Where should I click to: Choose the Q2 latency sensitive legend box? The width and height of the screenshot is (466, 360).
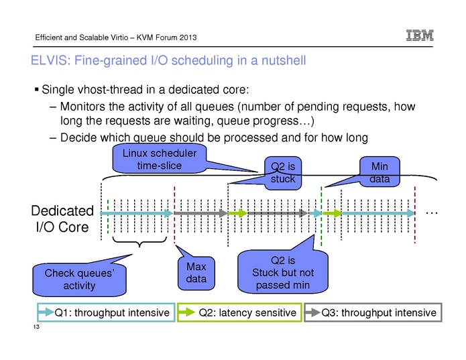tap(239, 313)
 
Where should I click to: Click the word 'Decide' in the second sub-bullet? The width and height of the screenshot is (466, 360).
tap(78, 138)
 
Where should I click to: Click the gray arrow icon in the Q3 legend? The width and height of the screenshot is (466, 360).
tap(313, 313)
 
